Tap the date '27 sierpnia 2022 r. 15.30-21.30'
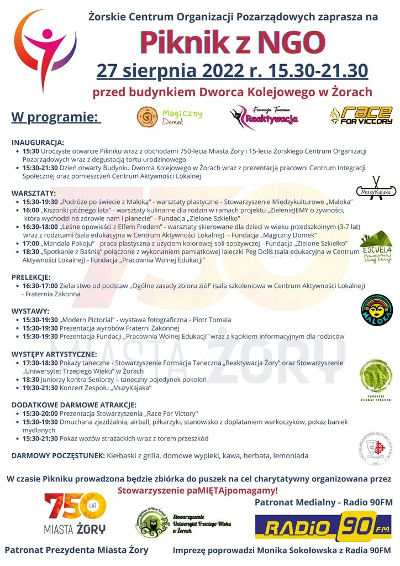coord(233,71)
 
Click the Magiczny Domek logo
coord(170,117)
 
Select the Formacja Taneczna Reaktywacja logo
coord(264,116)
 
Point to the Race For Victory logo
coord(361,115)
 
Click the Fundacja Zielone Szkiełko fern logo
coord(376,377)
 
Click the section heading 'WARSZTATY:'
coord(34,193)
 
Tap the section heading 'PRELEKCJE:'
coord(31,276)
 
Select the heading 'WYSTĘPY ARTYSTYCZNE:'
coord(54,354)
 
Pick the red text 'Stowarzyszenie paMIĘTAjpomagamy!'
coord(198,490)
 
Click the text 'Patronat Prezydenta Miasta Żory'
coord(77,550)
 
